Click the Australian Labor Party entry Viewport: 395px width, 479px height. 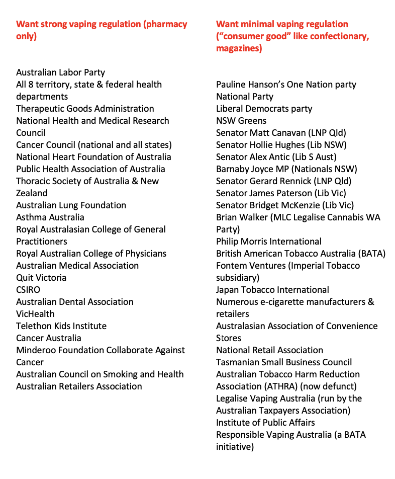tap(60, 72)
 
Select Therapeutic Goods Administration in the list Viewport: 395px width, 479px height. tap(85, 109)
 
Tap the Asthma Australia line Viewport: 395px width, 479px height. tap(50, 217)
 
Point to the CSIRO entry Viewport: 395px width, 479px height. tap(28, 290)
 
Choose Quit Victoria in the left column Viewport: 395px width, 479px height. tap(41, 278)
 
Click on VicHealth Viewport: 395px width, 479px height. tap(35, 314)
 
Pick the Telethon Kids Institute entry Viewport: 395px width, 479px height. tap(61, 326)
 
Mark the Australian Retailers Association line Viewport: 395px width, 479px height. tap(79, 386)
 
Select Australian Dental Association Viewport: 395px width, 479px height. tap(75, 302)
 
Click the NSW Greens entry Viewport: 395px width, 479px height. tap(241, 121)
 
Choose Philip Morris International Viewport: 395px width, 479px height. tap(269, 242)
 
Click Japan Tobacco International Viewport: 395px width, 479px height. tap(272, 290)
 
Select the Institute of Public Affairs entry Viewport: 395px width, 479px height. tap(265, 423)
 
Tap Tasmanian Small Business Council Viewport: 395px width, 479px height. tap(284, 362)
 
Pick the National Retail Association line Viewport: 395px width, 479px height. tap(269, 350)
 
